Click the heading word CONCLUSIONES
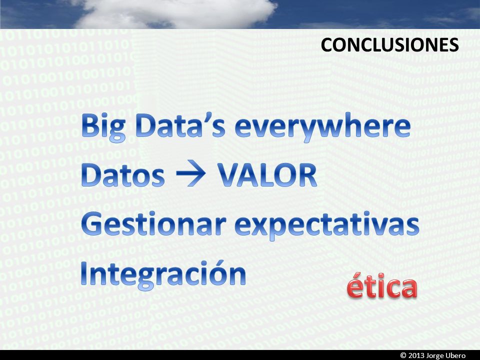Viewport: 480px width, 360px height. click(x=389, y=45)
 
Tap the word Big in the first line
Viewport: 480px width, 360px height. click(x=103, y=128)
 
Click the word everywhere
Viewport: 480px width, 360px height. click(x=322, y=128)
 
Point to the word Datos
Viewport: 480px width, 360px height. click(x=123, y=174)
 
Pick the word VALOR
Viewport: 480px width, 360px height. click(x=267, y=174)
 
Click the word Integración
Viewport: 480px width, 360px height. click(x=163, y=274)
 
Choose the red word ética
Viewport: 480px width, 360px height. click(x=382, y=285)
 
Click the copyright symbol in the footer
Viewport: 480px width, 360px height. click(x=403, y=355)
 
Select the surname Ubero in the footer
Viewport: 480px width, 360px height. click(x=455, y=355)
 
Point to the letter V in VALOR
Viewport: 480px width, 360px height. click(x=229, y=174)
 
